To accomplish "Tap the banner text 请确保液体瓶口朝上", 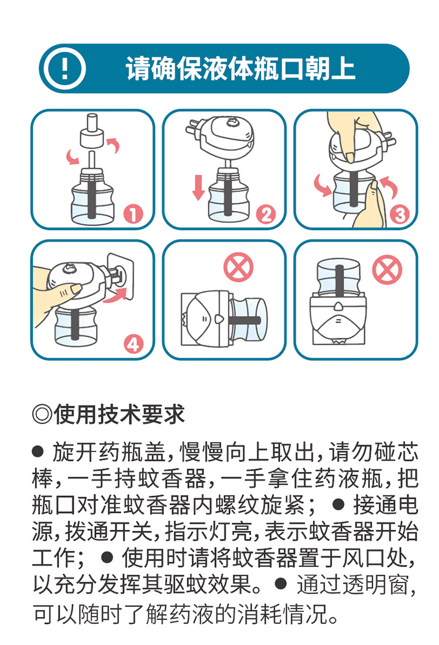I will (241, 69).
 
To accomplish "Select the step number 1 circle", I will (134, 214).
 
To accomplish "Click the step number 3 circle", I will (400, 214).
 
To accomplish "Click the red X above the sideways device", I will (238, 269).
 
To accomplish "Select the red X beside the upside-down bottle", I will (387, 271).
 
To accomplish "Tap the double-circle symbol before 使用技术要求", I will (42, 415).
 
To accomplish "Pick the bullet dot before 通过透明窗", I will (282, 582).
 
